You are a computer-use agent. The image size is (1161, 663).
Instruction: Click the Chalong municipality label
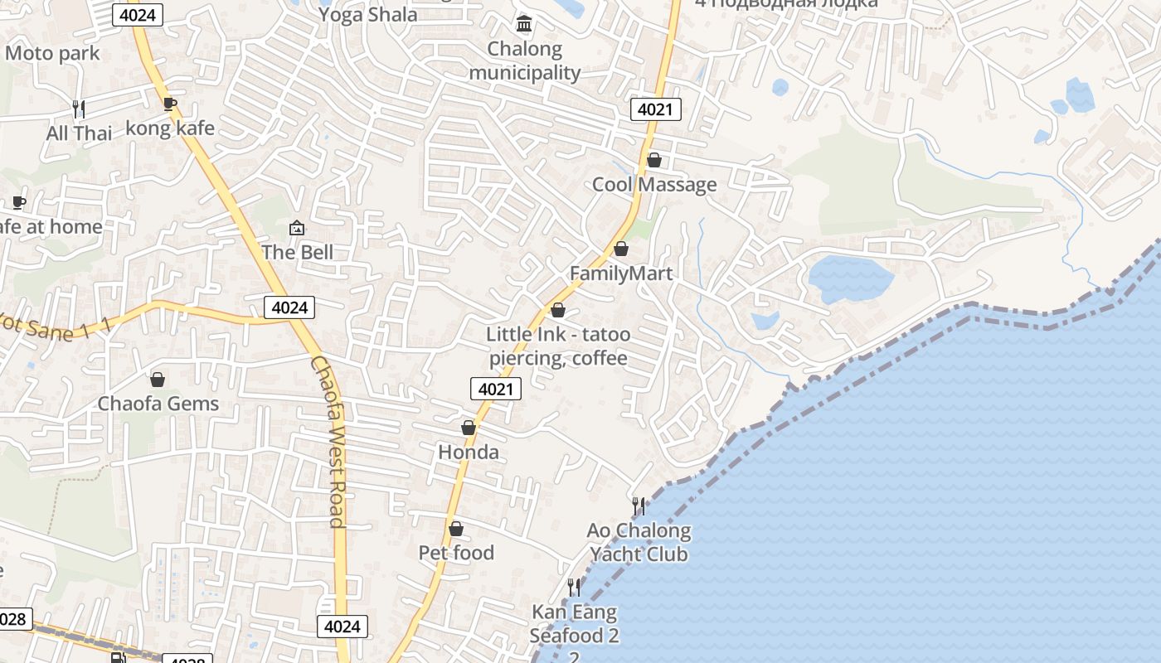coord(524,60)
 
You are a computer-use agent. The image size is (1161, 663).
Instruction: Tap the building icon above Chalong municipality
coord(524,24)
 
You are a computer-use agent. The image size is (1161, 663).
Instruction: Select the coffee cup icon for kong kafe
coord(170,104)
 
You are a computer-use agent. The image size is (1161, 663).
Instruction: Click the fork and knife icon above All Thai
coord(79,109)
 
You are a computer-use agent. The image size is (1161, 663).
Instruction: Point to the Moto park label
coord(52,54)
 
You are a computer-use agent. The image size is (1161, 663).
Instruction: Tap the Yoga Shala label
coord(367,14)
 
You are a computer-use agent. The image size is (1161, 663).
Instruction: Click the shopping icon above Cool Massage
coord(654,160)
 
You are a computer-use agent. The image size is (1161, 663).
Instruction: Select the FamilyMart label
coord(621,273)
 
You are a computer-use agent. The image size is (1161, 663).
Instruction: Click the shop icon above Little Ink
coord(558,310)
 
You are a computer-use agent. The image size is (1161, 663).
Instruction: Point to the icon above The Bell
coord(297,227)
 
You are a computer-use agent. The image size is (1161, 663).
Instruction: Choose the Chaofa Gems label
coord(158,404)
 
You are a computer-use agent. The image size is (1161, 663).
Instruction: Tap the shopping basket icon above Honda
coord(469,428)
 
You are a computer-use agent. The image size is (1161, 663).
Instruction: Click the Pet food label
coord(456,553)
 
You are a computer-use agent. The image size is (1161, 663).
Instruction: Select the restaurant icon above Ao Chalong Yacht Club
coord(639,506)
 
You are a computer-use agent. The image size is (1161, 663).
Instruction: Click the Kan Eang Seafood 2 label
coord(575,624)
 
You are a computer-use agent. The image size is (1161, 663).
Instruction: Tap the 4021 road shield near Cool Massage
coord(656,109)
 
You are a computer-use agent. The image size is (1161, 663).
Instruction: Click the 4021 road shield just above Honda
coord(496,389)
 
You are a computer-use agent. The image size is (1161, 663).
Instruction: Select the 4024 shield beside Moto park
coord(136,14)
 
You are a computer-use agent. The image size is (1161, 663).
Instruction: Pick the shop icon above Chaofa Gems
coord(158,380)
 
